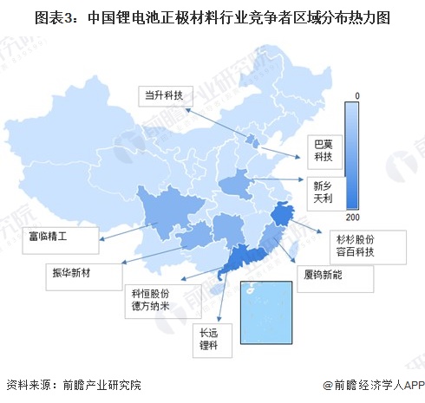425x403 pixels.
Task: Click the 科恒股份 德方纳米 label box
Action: pos(153,299)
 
